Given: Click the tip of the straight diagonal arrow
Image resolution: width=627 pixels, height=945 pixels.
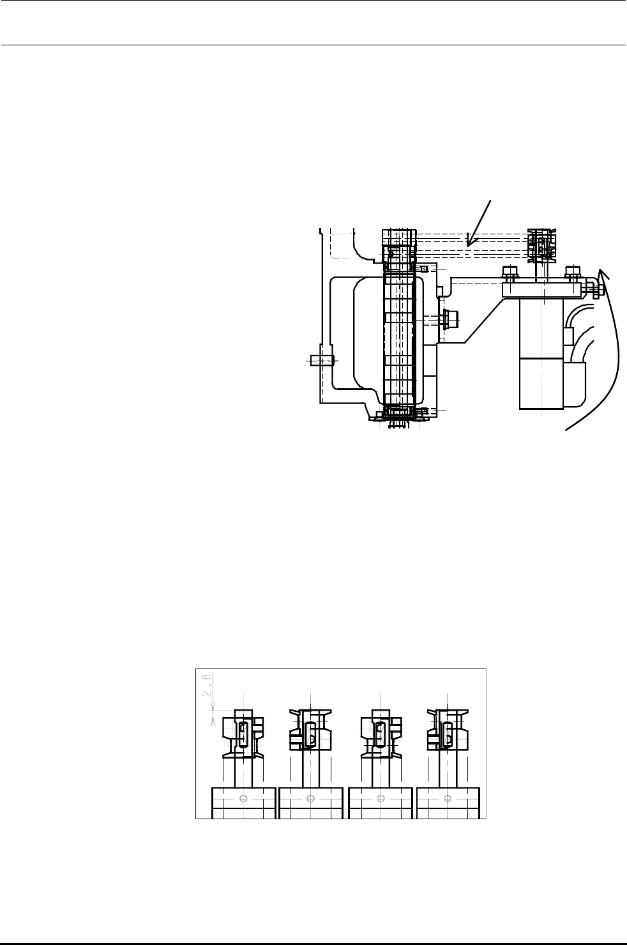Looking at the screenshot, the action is (467, 245).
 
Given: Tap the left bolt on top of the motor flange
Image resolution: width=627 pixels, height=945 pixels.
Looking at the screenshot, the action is (510, 275).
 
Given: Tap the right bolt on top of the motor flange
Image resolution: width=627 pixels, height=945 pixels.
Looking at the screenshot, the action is (572, 275).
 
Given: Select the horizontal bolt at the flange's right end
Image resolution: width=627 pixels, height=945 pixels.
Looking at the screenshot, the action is (594, 291).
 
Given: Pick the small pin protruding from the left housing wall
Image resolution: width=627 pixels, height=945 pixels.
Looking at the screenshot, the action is (321, 360).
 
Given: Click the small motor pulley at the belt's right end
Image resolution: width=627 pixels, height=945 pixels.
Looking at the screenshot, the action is (541, 246).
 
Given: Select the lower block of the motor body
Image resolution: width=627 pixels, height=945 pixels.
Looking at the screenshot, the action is (541, 383).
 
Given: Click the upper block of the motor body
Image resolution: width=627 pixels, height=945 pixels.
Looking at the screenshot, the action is (541, 328).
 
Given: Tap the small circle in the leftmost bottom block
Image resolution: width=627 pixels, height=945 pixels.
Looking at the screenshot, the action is (243, 799).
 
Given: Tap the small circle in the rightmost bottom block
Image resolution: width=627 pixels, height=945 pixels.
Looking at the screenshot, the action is (447, 799).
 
